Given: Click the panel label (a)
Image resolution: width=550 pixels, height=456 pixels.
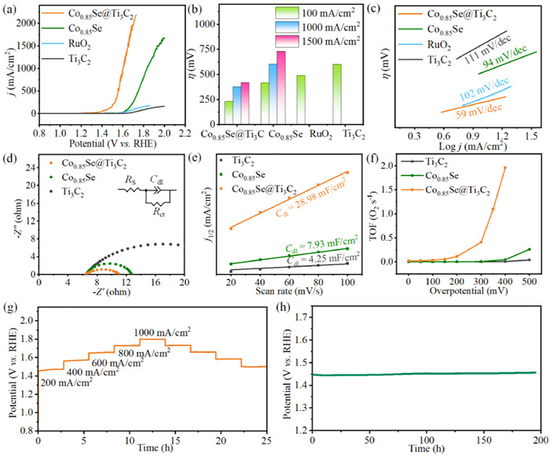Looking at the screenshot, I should pos(11,9).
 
